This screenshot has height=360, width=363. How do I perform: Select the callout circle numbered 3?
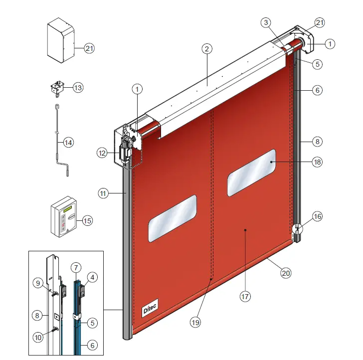(266, 22)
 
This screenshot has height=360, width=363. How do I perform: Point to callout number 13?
(78, 87)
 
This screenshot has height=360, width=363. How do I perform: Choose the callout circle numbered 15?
(87, 220)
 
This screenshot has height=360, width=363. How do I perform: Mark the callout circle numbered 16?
(318, 216)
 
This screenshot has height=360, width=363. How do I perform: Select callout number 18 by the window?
(318, 162)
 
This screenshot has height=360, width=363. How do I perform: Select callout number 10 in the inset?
(38, 337)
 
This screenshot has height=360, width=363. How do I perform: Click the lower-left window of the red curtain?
(172, 218)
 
